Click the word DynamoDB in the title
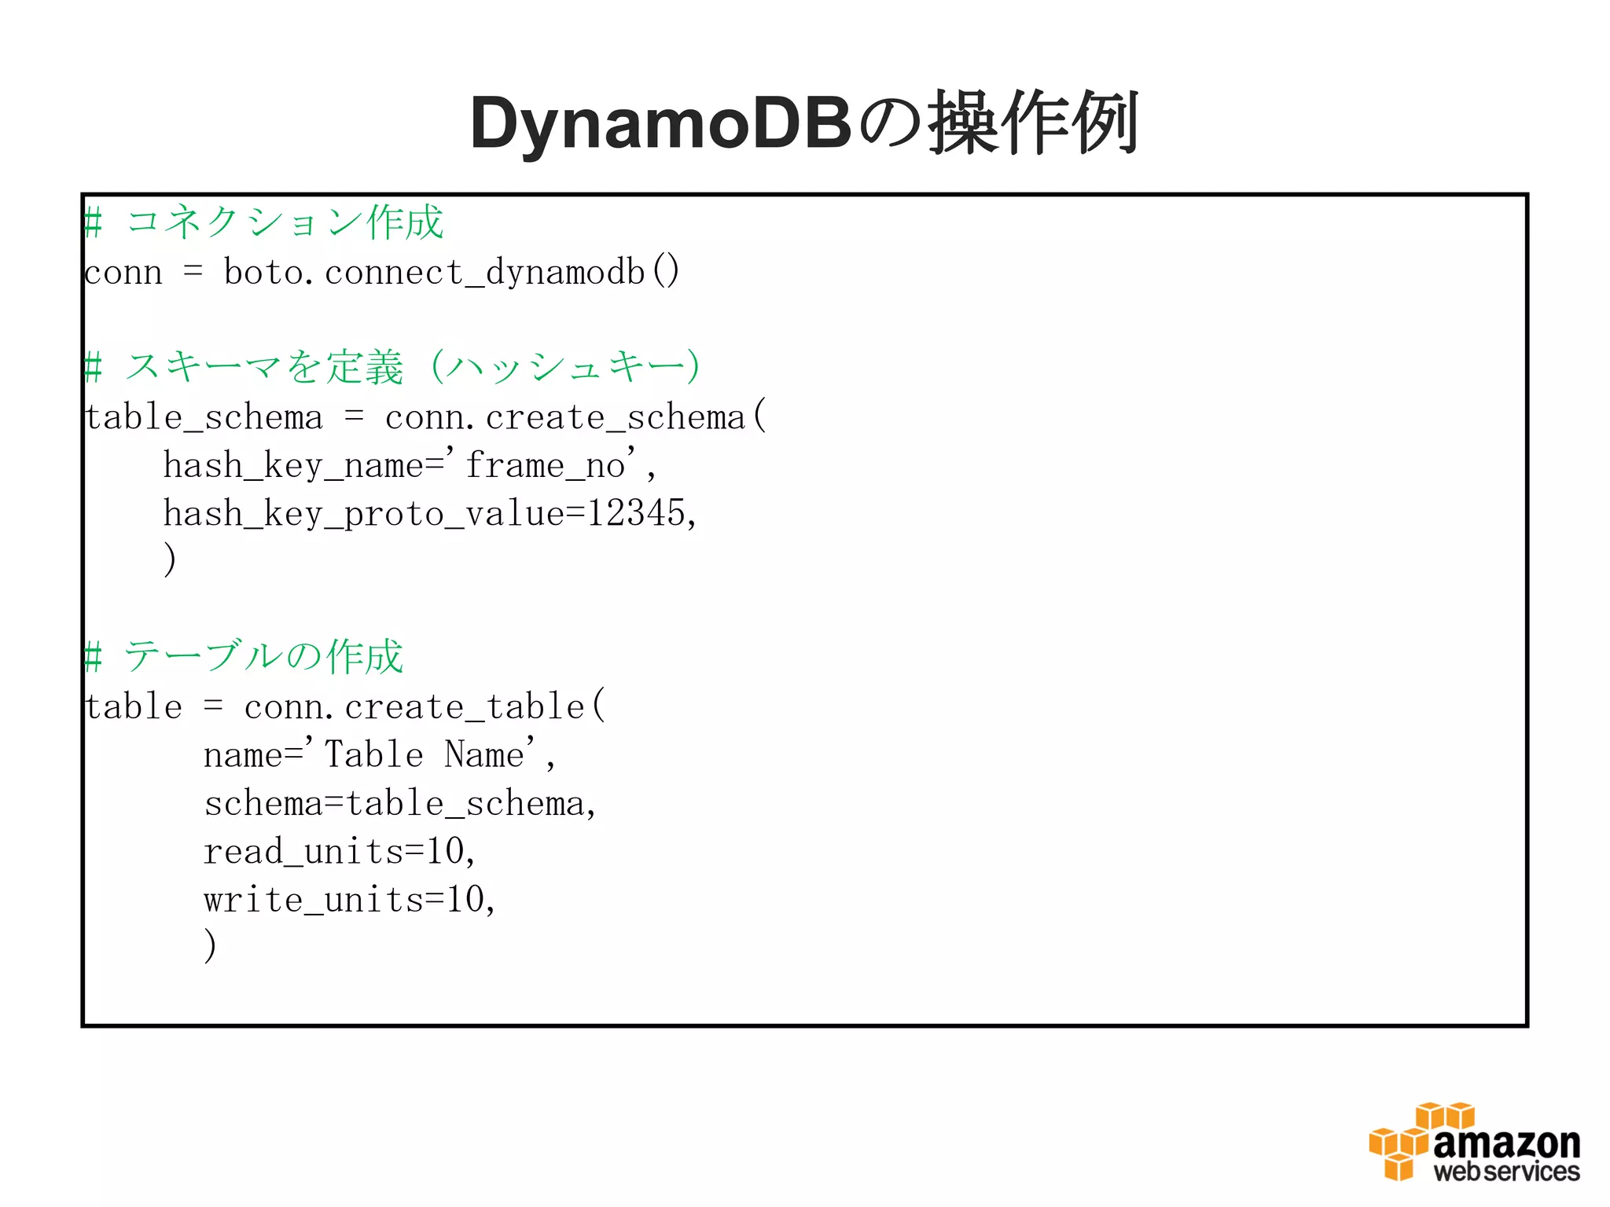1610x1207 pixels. point(660,124)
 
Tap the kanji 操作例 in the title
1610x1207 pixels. point(1034,124)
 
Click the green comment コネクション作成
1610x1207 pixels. point(285,222)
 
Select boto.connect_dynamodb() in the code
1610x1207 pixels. point(451,273)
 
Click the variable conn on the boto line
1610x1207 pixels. point(123,273)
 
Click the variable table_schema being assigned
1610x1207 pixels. point(204,417)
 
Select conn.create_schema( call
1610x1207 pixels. point(574,417)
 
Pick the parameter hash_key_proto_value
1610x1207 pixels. point(363,514)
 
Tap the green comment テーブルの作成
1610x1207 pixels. point(263,657)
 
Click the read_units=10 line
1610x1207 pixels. point(338,852)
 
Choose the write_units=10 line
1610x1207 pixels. point(348,900)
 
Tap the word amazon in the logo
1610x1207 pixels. point(1506,1143)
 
